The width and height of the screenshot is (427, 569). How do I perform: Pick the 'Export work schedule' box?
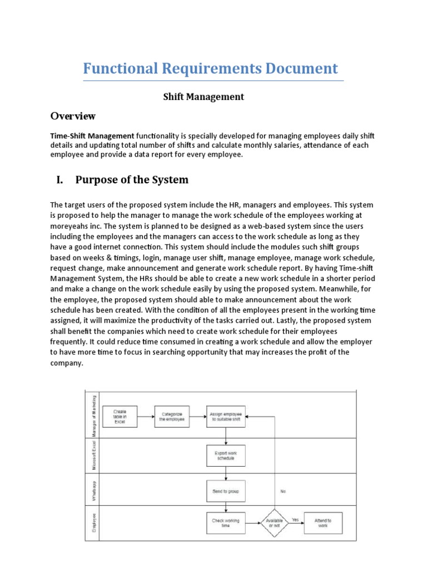[x=226, y=455]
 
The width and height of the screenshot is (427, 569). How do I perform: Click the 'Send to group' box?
[x=226, y=491]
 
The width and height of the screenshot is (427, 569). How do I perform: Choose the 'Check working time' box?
[x=226, y=523]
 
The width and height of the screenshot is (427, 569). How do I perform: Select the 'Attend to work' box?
[x=323, y=523]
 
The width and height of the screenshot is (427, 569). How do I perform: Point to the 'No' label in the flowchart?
[x=282, y=491]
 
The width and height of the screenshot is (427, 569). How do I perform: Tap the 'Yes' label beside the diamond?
[x=295, y=520]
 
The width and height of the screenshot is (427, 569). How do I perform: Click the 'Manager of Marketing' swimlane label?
[x=94, y=413]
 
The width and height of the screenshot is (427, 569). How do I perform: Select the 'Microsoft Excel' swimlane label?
[x=94, y=455]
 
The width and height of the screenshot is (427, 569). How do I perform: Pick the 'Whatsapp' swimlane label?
[x=94, y=490]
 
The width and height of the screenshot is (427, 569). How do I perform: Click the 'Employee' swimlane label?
[x=94, y=523]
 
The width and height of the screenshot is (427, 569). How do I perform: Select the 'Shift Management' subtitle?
[x=203, y=97]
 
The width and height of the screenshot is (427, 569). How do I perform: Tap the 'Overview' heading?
[x=73, y=116]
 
